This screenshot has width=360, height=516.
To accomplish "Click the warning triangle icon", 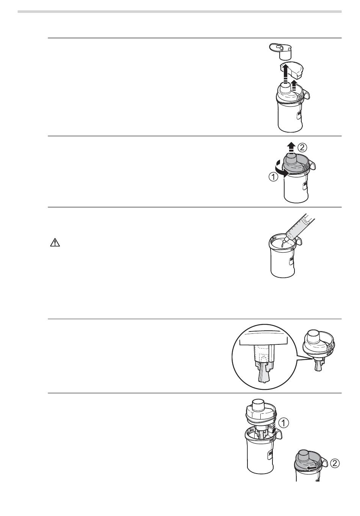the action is point(55,243).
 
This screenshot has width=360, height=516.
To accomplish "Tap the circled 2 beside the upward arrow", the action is point(302,147).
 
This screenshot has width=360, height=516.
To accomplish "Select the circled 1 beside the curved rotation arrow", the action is point(273,177).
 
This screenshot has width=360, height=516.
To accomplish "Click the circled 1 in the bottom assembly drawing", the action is point(284,423).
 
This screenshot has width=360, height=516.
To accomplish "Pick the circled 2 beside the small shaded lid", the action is point(335,463).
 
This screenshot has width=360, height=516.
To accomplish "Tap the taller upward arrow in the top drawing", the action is point(286,74).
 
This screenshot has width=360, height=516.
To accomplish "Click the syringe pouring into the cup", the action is point(300,227).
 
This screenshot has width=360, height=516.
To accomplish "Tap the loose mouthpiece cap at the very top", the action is point(281,50).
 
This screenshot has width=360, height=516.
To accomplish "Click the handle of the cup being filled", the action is point(298,241).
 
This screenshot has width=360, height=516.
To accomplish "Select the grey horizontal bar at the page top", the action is point(180,11).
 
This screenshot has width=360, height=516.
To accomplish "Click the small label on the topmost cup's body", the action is point(299,116).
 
